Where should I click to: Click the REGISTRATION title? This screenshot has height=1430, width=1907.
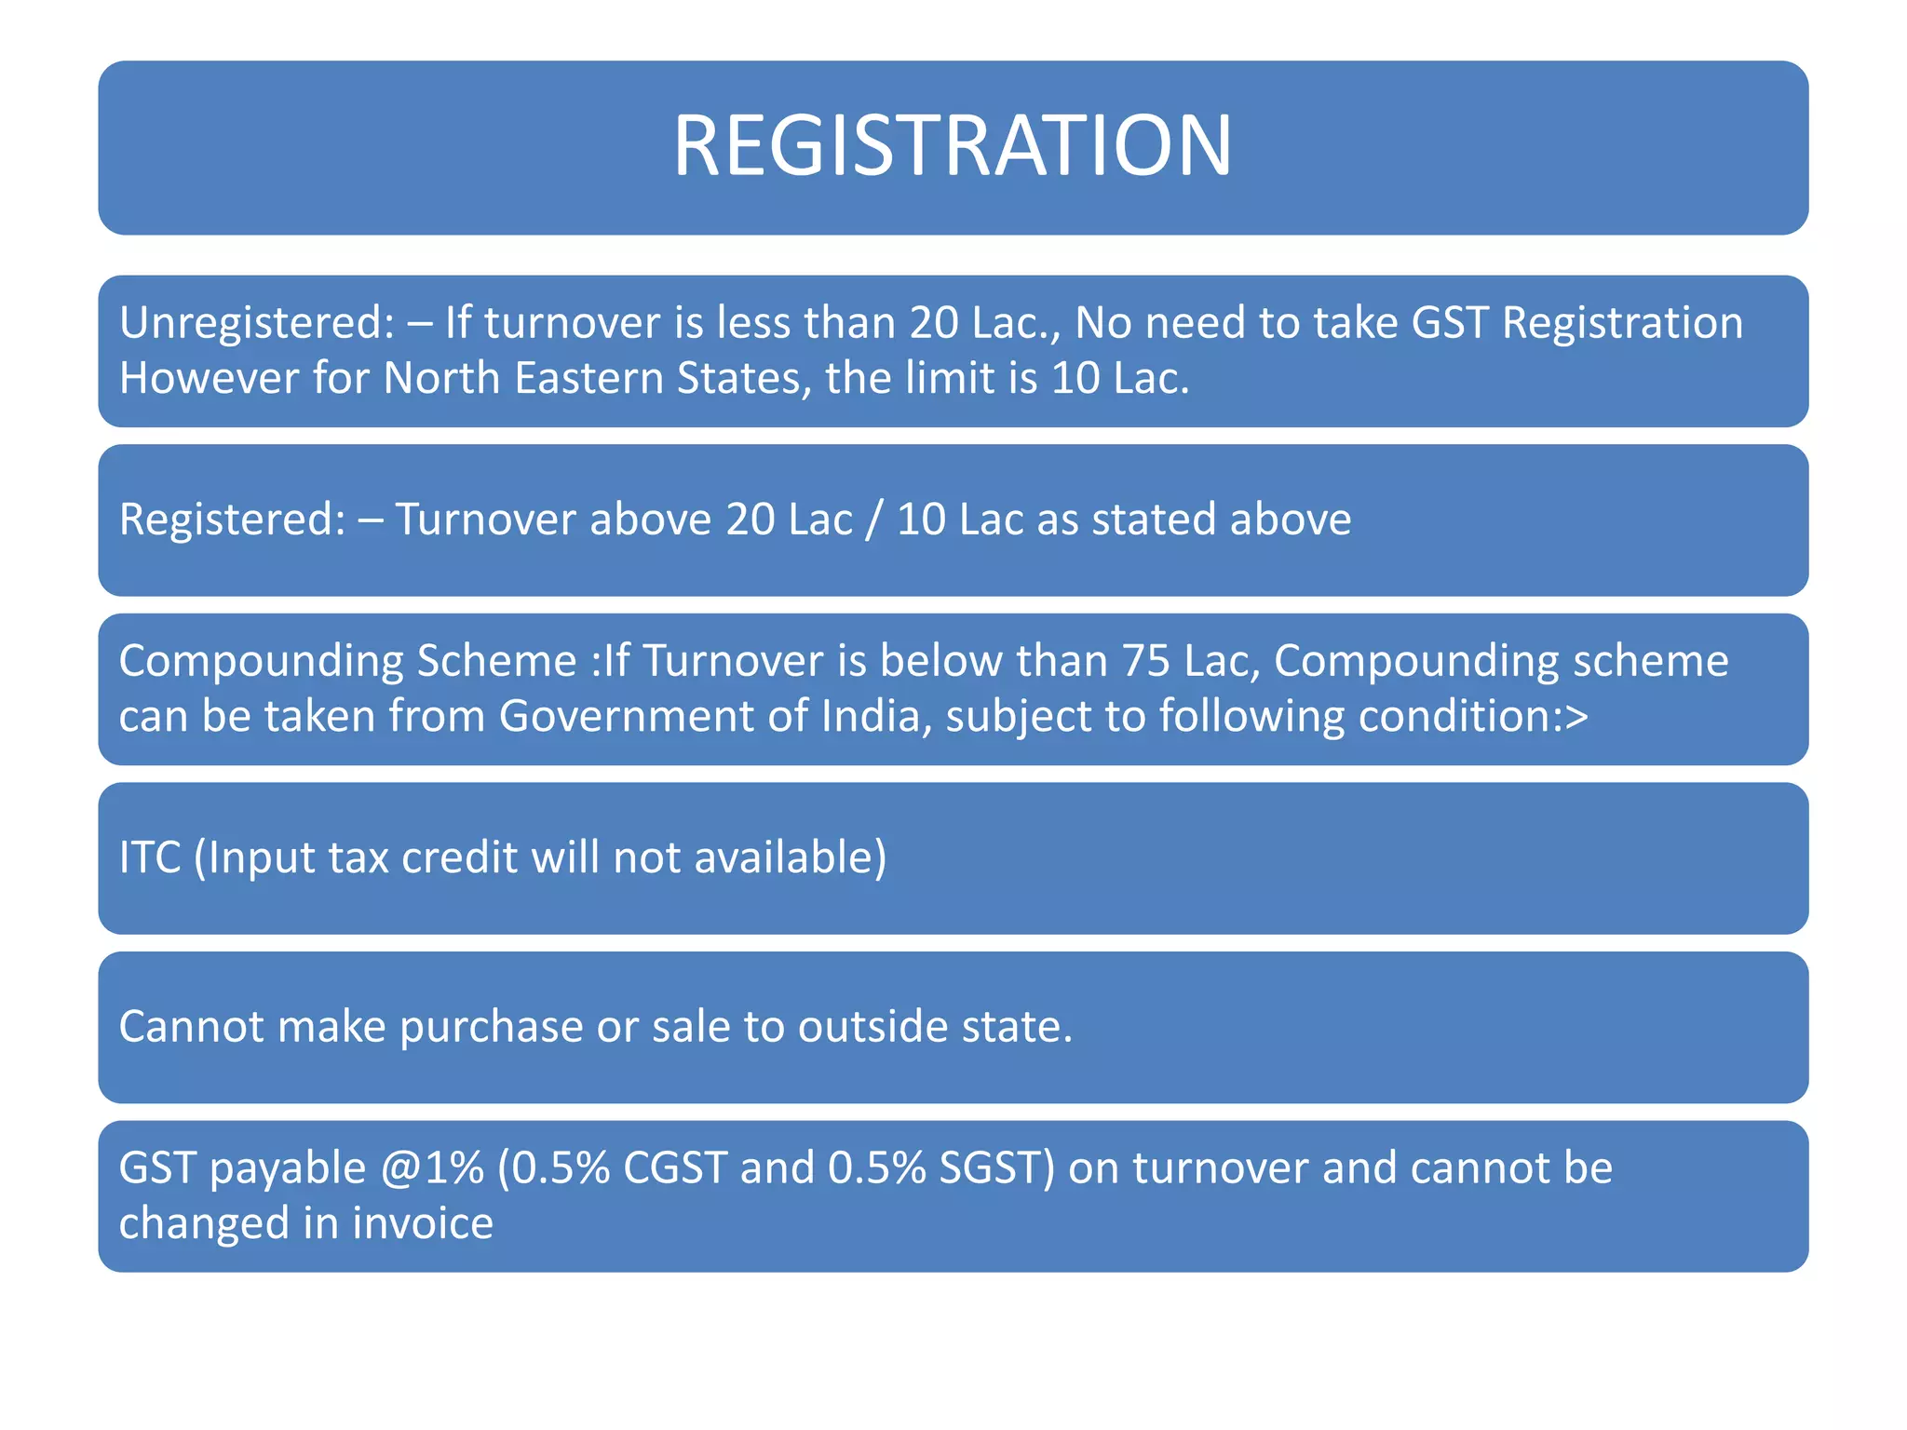coord(953,146)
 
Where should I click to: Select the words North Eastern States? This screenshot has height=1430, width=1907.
coord(592,379)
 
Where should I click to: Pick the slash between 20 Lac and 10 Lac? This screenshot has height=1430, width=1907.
coord(873,519)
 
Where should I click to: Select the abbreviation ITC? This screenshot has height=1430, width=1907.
coord(150,857)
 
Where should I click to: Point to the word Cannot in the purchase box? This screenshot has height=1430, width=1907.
coord(192,1027)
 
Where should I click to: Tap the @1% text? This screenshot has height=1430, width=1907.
coord(432,1168)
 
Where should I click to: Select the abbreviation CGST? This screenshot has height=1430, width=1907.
coord(674,1168)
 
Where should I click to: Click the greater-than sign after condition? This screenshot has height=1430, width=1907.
coord(1576,717)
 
